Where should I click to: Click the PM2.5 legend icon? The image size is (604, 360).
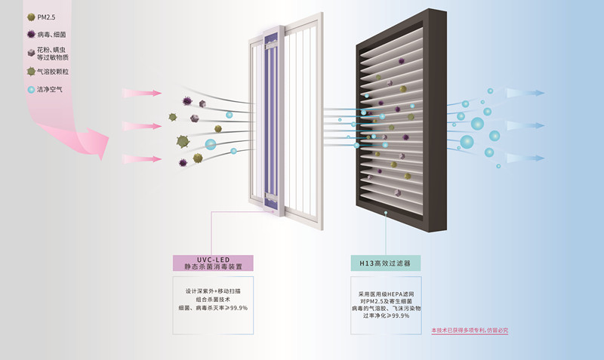point(30,17)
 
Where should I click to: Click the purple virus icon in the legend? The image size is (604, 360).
point(30,35)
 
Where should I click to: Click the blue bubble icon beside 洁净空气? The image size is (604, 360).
point(30,90)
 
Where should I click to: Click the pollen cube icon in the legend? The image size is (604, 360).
point(30,53)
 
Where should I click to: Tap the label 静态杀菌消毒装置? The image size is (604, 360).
point(214,266)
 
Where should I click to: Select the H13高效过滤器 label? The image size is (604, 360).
point(385,263)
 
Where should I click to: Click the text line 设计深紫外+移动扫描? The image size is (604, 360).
point(213,290)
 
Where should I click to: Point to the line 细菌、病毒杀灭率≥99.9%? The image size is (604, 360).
point(213,308)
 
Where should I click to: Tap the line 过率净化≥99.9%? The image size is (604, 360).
point(385,316)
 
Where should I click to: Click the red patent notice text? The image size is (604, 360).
point(470,331)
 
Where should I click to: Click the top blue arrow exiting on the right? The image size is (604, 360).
point(528,94)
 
